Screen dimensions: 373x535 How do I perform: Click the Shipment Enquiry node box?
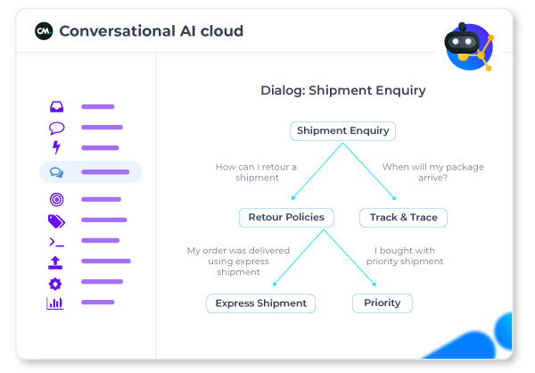[343, 131]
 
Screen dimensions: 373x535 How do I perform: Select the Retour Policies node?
[286, 217]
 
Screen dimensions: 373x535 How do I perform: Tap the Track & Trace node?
[403, 217]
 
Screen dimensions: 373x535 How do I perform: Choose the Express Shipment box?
[262, 303]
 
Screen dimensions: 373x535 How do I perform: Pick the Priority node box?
[383, 303]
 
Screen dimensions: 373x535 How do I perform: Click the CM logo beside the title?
[44, 31]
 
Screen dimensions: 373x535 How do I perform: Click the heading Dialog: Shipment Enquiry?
[343, 90]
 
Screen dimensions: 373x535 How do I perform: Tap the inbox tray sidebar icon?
[56, 107]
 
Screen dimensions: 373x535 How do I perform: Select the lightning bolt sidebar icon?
[56, 148]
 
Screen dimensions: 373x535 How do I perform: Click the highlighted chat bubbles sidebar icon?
[56, 172]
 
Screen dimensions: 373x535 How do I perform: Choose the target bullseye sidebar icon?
[56, 200]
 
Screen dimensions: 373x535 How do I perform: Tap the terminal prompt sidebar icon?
[56, 242]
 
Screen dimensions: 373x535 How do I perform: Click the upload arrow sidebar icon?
[56, 262]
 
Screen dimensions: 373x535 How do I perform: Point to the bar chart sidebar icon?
[56, 303]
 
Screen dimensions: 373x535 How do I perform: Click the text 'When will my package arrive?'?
[414, 172]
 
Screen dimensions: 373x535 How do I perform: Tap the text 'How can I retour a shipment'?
[256, 172]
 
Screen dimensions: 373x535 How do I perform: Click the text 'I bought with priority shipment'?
[405, 256]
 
